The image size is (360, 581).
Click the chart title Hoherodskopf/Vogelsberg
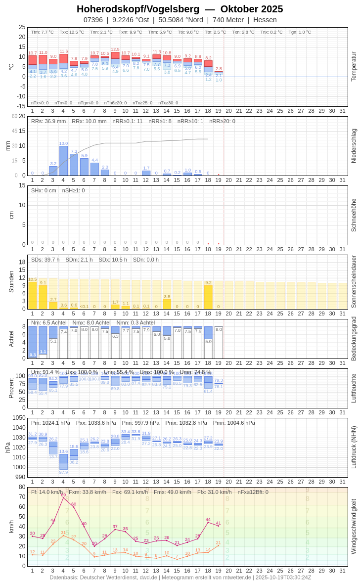(x=138, y=9)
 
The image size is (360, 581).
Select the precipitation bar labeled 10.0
(x=63, y=161)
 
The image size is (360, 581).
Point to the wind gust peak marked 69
(x=63, y=497)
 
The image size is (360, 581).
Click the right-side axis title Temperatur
(x=354, y=66)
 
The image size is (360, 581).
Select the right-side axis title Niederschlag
(x=354, y=146)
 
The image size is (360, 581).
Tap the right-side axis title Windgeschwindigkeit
(x=354, y=526)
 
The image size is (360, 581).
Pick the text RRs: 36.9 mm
(x=48, y=121)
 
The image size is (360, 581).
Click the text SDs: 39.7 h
(x=45, y=260)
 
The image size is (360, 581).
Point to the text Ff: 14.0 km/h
(x=47, y=492)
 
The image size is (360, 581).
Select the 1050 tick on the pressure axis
(x=19, y=418)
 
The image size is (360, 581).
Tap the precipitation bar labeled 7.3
(x=74, y=165)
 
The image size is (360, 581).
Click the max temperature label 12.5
(x=115, y=49)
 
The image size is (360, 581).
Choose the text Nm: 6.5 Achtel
(x=48, y=322)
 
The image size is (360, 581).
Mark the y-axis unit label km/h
(x=11, y=526)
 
